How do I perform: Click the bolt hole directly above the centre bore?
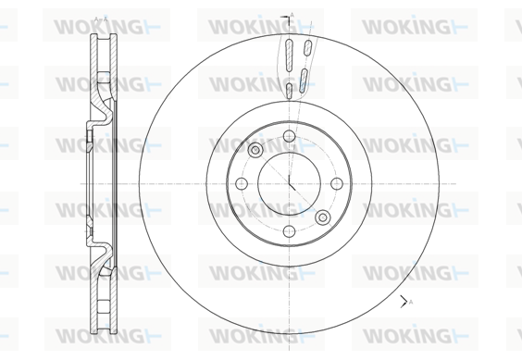pos(289,136)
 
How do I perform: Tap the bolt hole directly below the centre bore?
pos(289,231)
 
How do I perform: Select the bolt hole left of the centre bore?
pos(242,183)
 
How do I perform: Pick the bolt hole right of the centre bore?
pos(337,183)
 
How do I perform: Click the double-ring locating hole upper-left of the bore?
pos(255,150)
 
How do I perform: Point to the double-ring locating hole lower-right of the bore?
pos(323,217)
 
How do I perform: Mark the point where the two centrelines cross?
pos(289,183)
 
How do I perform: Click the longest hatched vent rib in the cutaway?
pos(290,56)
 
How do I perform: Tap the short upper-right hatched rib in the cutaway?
pos(308,47)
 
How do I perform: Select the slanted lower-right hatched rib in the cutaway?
pos(304,81)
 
